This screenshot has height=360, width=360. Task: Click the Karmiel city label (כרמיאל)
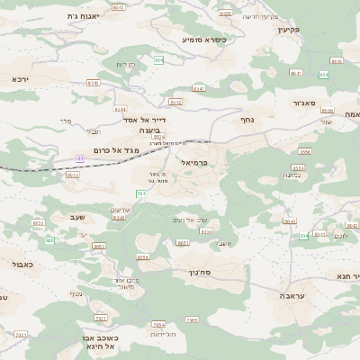[193, 162]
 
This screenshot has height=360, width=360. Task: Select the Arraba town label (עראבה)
[292, 295]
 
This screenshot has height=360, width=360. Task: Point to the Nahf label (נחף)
[247, 119]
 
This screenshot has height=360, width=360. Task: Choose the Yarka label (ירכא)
[20, 79]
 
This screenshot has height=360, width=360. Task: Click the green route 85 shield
[80, 158]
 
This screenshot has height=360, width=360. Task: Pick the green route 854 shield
[159, 59]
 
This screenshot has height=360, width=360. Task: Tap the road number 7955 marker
[191, 319]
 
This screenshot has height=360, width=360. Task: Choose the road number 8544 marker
[119, 109]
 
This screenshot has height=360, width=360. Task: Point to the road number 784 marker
[141, 193]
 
